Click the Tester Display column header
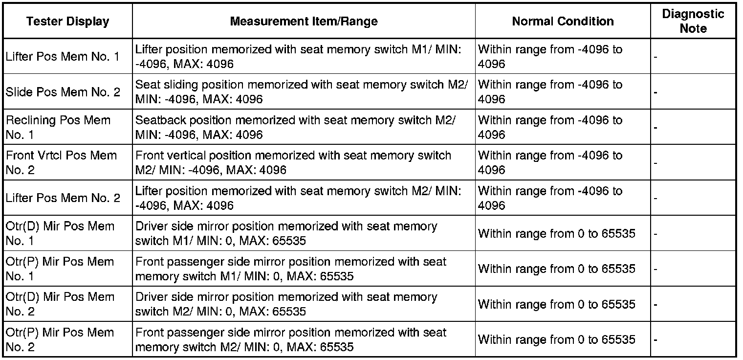pos(67,22)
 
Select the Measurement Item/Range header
pos(304,22)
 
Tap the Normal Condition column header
pos(563,22)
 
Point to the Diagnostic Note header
pos(693,22)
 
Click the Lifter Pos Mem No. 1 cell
pos(63,57)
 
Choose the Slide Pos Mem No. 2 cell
pos(63,92)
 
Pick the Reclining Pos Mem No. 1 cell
pos(58,127)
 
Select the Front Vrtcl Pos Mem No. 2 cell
pos(61,162)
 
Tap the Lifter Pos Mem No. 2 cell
pos(63,198)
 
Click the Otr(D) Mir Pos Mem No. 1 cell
pos(60,233)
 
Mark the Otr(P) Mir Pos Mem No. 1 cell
pos(60,269)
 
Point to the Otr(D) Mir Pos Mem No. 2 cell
pos(60,304)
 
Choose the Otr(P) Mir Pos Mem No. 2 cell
pos(60,339)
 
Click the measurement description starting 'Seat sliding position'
pos(301,92)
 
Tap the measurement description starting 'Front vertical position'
pos(293,162)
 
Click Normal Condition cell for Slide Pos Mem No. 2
pos(550,92)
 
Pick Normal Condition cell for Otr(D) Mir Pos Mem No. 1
pos(557,234)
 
